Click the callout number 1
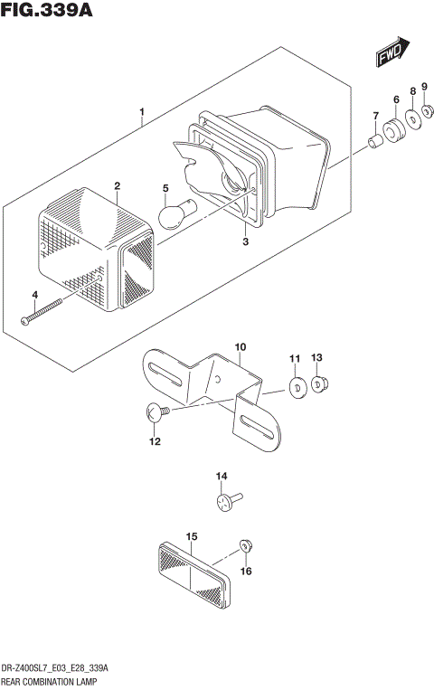[141, 113]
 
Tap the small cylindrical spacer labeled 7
[373, 141]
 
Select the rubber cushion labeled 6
[394, 131]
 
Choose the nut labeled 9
[427, 114]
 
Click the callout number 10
[240, 347]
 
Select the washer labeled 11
[295, 387]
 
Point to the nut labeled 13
[318, 385]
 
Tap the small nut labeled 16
[244, 545]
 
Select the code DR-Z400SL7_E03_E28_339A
[56, 667]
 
